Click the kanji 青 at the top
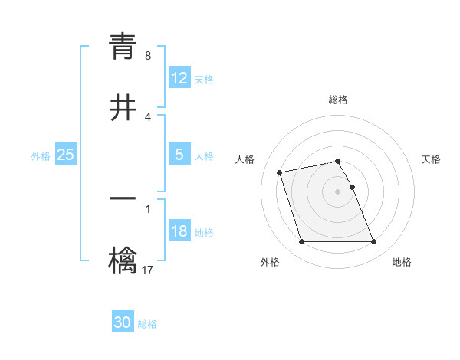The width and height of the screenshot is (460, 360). coord(123,46)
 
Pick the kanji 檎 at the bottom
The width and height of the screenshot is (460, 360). coord(123,261)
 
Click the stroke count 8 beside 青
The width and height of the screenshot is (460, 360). coord(148,56)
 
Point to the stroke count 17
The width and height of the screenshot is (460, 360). coord(148,270)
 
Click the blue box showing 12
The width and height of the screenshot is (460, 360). coord(179,78)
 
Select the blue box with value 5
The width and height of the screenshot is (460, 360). coord(179,155)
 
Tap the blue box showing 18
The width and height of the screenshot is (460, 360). coord(179,231)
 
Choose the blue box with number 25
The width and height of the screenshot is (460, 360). coord(65,155)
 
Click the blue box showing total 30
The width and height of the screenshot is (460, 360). coord(123,323)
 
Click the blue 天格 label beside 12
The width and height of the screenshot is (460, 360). coord(204,79)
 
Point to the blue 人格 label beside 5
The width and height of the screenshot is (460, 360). coord(204,155)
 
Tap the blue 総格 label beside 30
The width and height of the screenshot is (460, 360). coord(147,324)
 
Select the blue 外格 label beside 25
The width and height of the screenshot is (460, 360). coord(41,155)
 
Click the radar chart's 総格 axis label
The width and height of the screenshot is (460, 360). coord(338,100)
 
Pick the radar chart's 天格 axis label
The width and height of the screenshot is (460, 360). coord(432,159)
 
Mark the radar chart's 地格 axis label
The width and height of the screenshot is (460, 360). coord(402,262)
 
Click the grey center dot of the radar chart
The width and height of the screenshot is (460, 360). coord(338,191)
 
